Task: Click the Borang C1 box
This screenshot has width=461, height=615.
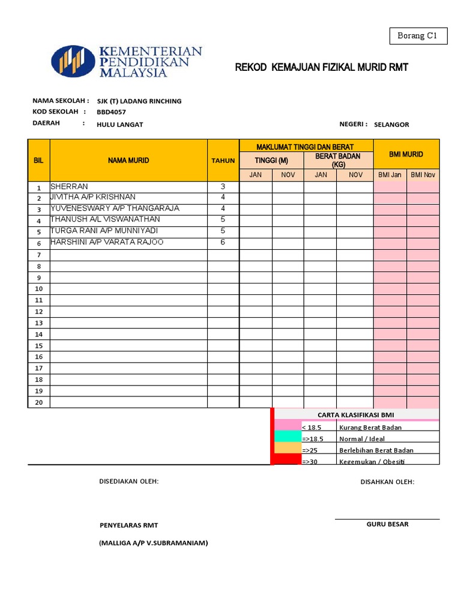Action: pos(418,36)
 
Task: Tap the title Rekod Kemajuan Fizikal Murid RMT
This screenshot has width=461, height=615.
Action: pos(321,67)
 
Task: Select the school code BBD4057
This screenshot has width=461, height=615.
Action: pos(111,112)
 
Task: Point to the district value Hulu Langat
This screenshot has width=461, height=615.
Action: pos(119,124)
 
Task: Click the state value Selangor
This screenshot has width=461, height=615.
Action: pos(391,124)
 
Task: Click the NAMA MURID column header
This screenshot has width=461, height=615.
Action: pos(128,160)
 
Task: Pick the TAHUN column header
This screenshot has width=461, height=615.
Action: pos(223,160)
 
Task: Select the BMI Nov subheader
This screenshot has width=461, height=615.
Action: pos(423,175)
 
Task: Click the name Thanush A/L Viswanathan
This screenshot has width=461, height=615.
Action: pos(105,220)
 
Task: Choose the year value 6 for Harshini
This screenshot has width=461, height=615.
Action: pos(223,242)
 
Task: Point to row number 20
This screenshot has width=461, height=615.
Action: pos(38,402)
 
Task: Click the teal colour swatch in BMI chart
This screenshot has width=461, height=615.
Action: pos(287,438)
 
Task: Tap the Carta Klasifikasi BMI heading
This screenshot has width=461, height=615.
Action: pos(356,415)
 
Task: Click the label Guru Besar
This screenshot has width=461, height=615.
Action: pos(387,524)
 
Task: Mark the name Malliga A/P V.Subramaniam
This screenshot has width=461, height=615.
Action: pos(153,543)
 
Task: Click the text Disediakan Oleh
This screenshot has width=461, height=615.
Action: pos(128,482)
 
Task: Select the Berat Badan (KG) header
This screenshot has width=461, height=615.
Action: pos(338,160)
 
